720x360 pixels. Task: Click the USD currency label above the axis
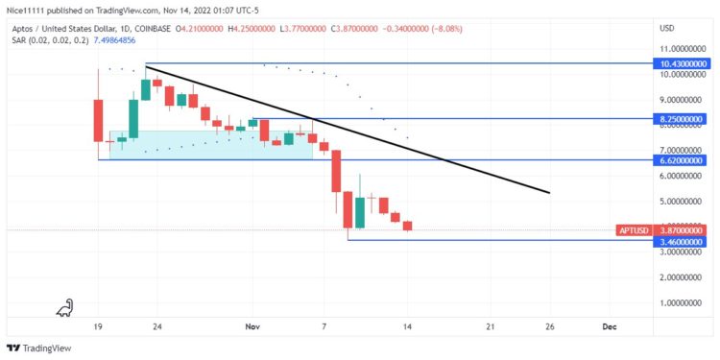[667, 28]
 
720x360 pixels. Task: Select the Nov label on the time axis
[252, 326]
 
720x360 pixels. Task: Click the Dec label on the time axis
[609, 326]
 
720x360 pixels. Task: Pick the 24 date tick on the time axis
[156, 326]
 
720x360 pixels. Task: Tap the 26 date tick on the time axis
[550, 326]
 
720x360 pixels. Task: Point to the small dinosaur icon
[65, 307]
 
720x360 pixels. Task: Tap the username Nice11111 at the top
[28, 9]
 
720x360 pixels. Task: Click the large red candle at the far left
[98, 120]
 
